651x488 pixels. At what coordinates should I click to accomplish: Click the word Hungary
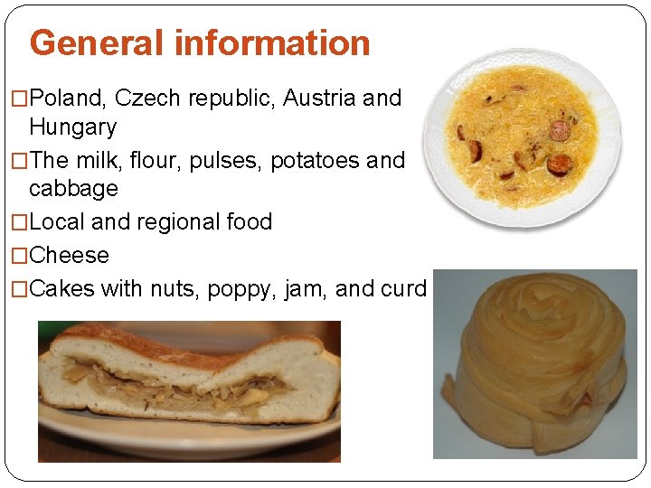pos(72,127)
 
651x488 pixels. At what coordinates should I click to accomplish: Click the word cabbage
pos(73,189)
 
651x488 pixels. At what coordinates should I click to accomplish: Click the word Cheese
pos(69,256)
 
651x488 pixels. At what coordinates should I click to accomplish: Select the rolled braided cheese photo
pos(534,363)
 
